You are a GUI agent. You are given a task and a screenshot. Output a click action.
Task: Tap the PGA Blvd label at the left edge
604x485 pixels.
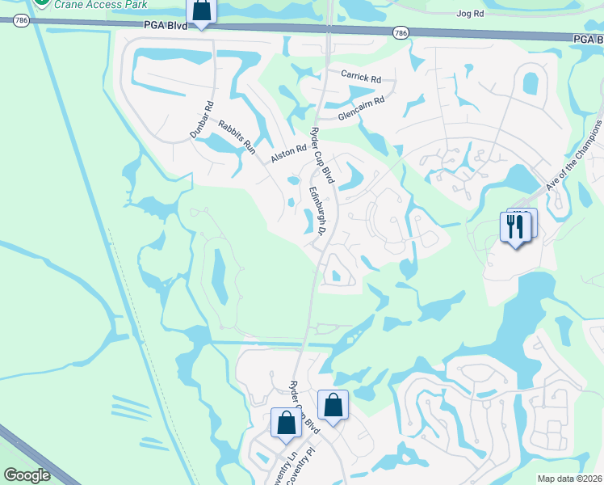click(x=166, y=26)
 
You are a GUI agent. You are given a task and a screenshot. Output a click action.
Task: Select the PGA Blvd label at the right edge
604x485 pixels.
click(x=588, y=38)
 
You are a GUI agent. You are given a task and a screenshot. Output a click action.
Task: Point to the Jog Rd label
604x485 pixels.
click(x=469, y=14)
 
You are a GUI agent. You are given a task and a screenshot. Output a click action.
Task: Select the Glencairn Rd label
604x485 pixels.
click(x=361, y=108)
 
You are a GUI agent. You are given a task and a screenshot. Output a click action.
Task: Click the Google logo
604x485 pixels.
click(x=27, y=475)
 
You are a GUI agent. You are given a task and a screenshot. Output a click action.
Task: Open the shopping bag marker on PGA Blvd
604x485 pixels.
click(x=201, y=11)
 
